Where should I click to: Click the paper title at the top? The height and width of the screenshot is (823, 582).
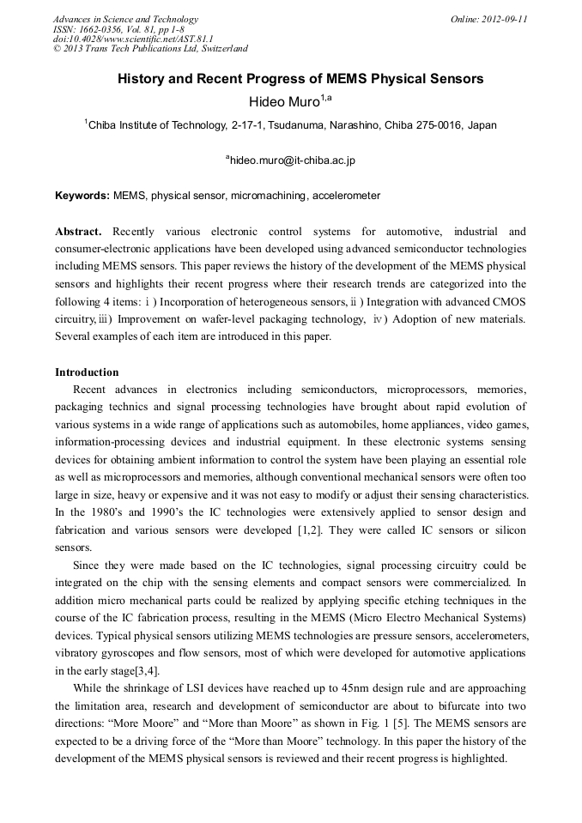click(300, 79)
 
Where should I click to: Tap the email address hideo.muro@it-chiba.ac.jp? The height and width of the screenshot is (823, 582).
click(290, 160)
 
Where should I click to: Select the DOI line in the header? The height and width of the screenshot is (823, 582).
click(133, 39)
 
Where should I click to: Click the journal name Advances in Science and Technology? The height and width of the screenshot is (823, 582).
click(125, 19)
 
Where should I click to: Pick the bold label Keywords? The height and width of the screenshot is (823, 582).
click(82, 196)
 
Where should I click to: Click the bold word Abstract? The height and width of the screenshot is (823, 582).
click(78, 232)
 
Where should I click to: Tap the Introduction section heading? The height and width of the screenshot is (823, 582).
click(87, 372)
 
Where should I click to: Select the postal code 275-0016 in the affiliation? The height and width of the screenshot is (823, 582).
click(434, 125)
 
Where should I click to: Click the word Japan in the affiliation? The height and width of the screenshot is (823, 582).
click(482, 125)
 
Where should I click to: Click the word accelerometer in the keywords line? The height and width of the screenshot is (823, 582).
click(346, 196)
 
